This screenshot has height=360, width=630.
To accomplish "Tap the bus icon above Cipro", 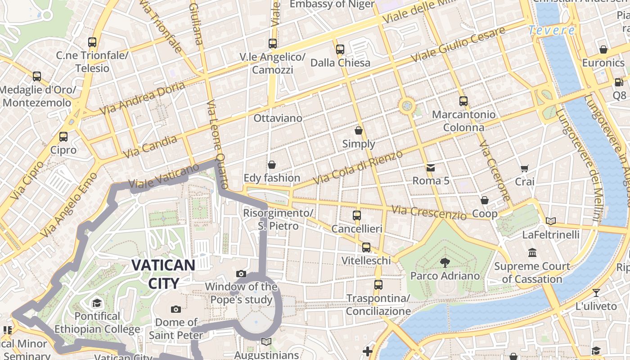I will [63, 137].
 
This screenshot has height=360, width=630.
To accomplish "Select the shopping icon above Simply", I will [359, 131].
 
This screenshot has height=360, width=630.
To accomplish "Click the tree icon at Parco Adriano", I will [445, 262].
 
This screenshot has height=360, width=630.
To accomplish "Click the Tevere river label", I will [551, 31].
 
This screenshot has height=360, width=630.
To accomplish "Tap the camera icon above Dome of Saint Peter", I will [176, 309].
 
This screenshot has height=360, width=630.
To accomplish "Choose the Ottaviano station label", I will [278, 118].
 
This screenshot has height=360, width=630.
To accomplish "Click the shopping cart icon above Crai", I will [524, 169].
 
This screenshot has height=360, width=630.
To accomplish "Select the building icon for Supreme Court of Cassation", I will [532, 253].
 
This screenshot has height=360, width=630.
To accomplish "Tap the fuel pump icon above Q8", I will [619, 82].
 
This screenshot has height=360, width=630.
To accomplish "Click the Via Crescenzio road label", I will [428, 212].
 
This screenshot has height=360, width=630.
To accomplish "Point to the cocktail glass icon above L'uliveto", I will [596, 293].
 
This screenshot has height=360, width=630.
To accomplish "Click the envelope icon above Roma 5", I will [431, 168].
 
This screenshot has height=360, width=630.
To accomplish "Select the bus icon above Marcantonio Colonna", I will [463, 101].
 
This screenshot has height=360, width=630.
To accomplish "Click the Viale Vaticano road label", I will [164, 176].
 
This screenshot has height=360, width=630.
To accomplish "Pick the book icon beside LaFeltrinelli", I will [551, 221].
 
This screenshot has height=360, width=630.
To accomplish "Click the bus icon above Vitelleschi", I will [366, 247].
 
